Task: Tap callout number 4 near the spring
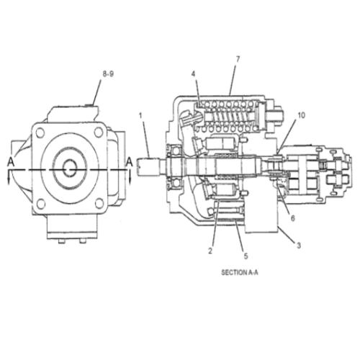193,73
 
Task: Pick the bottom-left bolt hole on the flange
40,204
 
